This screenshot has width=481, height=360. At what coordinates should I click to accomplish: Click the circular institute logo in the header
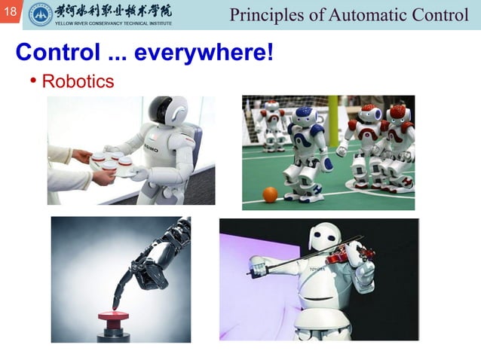pyautogui.click(x=40, y=14)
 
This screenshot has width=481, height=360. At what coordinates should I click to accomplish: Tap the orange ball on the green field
pyautogui.click(x=270, y=195)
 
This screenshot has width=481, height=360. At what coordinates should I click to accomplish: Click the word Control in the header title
pyautogui.click(x=441, y=14)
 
